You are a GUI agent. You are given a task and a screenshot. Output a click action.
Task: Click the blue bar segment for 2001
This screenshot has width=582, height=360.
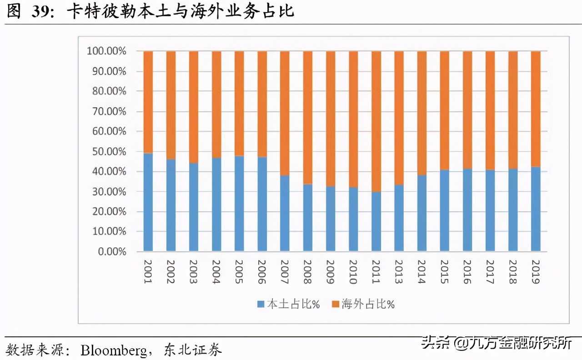coord(148,202)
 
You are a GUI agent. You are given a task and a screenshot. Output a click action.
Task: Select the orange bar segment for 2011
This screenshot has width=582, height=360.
coord(376,121)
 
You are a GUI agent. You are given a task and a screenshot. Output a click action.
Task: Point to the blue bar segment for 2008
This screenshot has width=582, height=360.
coord(308,217)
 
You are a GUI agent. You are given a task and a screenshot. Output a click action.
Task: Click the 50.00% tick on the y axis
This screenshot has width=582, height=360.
coord(106,151)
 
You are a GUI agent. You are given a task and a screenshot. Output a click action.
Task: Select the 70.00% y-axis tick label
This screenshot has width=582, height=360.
coord(106,111)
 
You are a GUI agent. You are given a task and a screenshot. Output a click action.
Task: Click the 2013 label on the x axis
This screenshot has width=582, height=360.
coord(399,272)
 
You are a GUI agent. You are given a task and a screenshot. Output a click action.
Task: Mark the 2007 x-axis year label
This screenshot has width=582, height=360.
coord(285,272)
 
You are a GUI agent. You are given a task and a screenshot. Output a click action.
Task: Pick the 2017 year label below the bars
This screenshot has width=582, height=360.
coord(490,272)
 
